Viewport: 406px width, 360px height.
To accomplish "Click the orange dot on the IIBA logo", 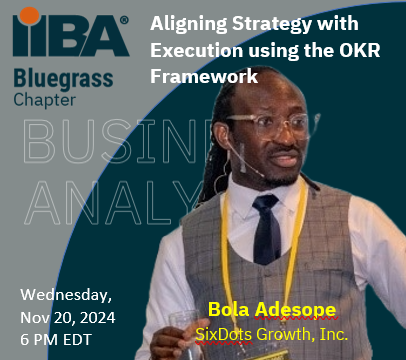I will tap(32, 13).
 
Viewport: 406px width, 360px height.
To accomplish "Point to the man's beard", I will tap(276, 173).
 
